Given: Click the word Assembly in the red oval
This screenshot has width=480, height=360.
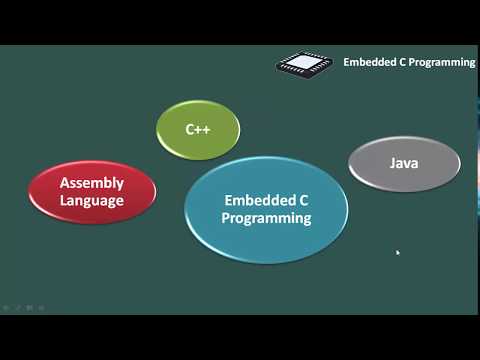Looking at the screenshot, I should coord(91,183).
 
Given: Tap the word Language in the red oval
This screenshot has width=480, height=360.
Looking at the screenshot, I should coord(91,200).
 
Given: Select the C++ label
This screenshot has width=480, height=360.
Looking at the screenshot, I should coord(198,130).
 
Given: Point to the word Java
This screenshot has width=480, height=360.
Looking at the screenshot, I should coord(403,162).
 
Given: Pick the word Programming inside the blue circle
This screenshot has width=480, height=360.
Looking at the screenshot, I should coord(266,218).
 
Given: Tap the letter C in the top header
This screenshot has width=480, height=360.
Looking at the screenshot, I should coord(403,62).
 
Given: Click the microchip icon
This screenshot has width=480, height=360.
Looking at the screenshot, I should coord(304,62).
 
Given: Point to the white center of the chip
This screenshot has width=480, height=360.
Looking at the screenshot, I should coord(304,62).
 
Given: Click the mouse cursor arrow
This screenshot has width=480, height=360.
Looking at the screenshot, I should coord(398,253).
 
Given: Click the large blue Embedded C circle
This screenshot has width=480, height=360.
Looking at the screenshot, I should coord(266,240).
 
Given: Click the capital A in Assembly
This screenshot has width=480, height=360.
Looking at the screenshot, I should coord(64,183).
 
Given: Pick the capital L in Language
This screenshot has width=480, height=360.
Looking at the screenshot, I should coord(62,200).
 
